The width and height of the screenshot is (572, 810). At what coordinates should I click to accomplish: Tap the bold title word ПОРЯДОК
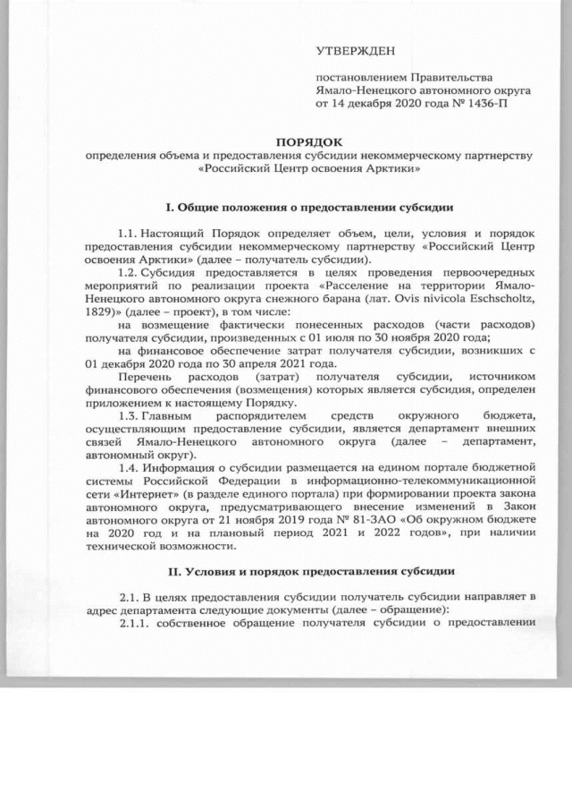point(308,141)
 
